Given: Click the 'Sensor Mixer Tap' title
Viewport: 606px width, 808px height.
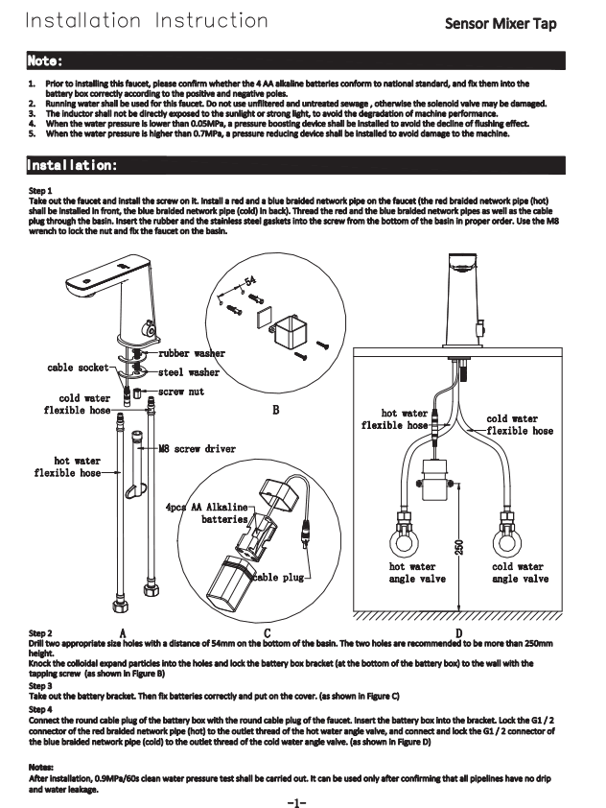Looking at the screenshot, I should (513, 24).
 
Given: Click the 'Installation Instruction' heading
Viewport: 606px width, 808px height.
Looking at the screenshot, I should (146, 20).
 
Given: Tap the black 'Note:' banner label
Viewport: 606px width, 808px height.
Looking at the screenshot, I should (46, 61).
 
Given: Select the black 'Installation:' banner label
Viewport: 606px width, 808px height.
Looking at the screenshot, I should (73, 166).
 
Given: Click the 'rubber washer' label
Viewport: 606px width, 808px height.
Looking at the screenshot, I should (192, 354).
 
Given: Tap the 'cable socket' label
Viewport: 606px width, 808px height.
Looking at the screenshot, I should (78, 368).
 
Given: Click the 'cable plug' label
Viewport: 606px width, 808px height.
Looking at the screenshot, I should (278, 578).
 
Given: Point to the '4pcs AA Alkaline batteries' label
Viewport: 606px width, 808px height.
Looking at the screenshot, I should (209, 512).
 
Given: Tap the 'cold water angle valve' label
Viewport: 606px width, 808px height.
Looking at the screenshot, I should (519, 573).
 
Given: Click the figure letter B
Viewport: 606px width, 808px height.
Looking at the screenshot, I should (275, 412).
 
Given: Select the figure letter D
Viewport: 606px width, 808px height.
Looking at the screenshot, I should (457, 632).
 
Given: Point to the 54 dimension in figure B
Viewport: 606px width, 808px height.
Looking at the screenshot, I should (251, 280).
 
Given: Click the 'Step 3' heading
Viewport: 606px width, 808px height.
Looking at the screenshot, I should (40, 686).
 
